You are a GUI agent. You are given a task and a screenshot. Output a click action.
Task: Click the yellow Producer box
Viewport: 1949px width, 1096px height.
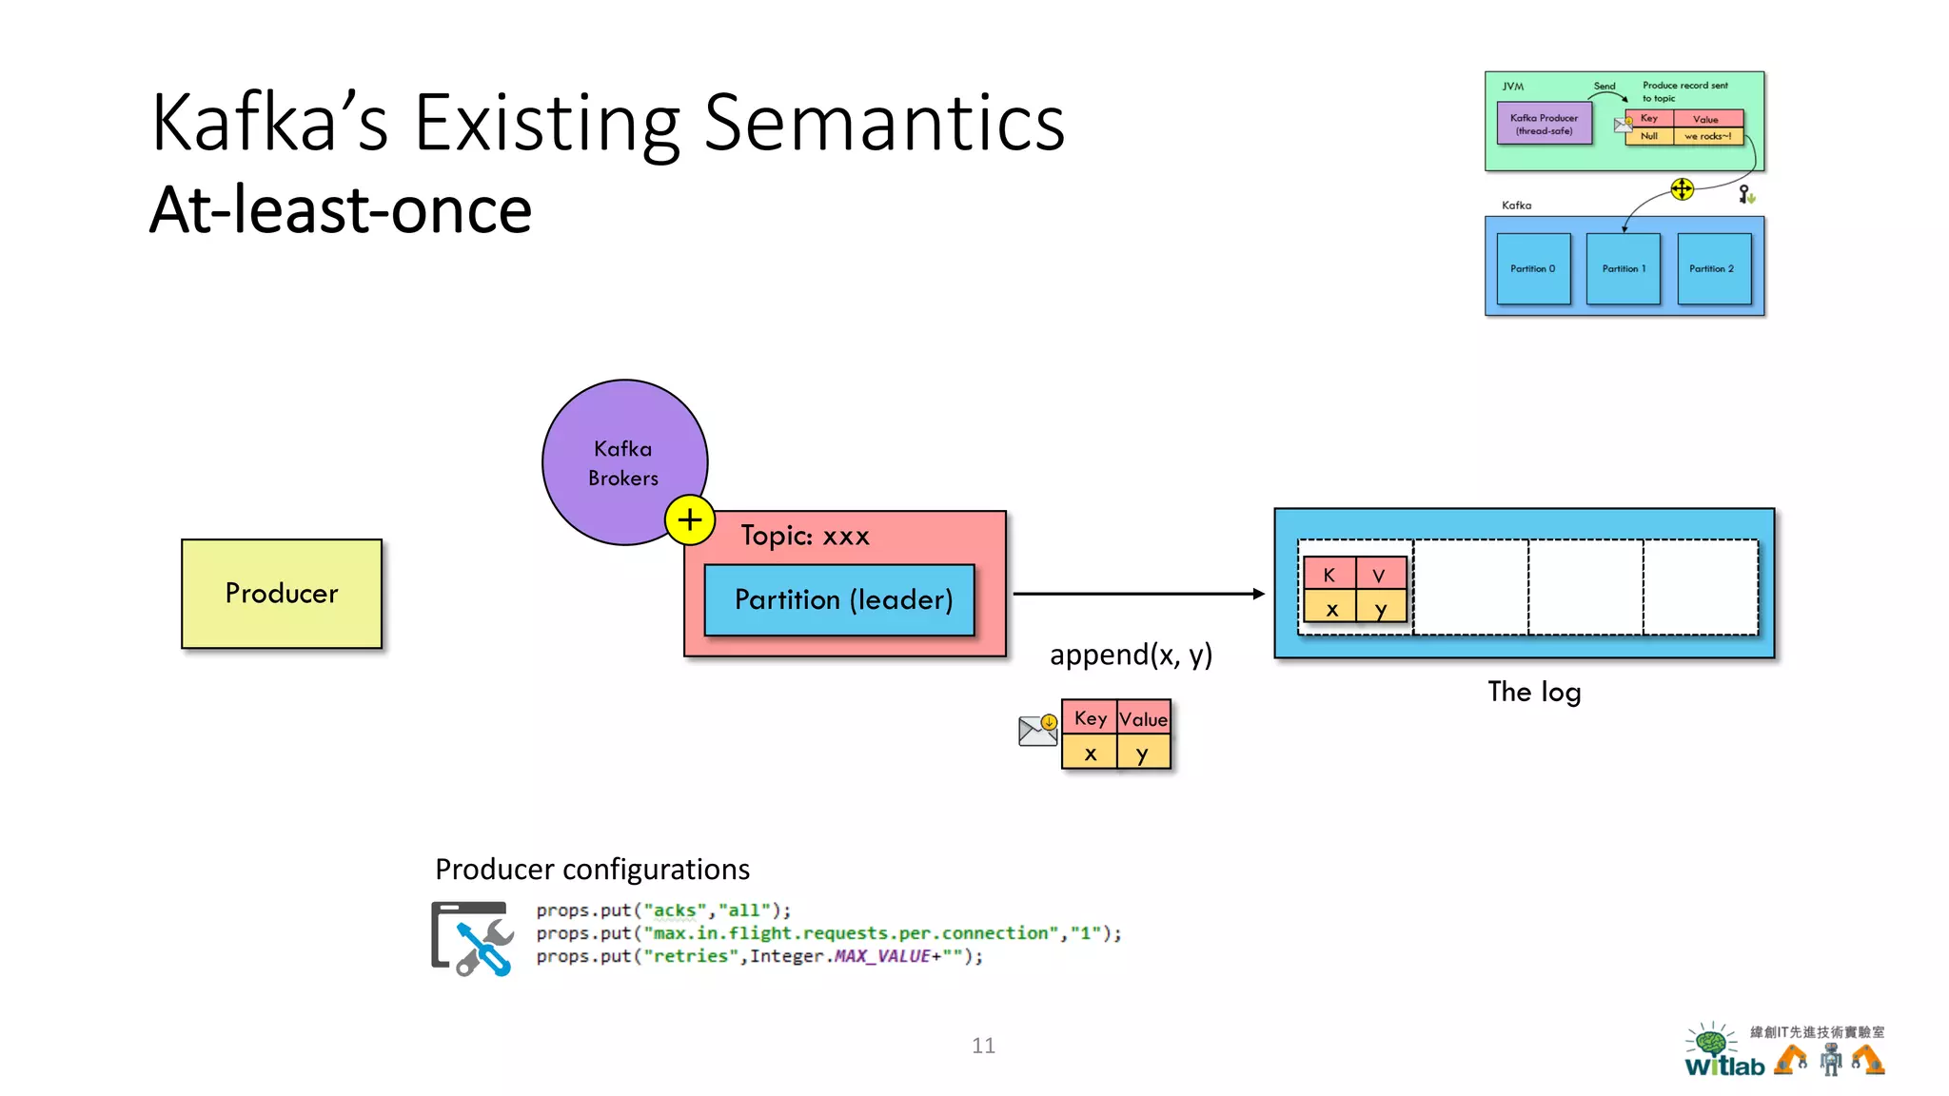tap(282, 594)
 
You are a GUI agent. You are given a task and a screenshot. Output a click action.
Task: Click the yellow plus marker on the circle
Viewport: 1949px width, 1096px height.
tap(690, 520)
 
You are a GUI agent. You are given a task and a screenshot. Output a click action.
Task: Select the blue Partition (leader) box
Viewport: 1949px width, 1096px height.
tap(840, 599)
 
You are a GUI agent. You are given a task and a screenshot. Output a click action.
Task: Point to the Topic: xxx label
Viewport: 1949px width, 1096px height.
tap(805, 536)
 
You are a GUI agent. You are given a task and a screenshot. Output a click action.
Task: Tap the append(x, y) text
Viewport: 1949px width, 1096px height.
tap(1131, 655)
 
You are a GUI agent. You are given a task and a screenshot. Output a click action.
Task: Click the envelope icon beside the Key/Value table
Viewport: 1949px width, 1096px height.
tap(1037, 730)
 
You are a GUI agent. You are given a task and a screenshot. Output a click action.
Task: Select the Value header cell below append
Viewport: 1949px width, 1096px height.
tap(1143, 719)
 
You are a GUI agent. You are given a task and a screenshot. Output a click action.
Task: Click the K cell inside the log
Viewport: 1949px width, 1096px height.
tap(1329, 575)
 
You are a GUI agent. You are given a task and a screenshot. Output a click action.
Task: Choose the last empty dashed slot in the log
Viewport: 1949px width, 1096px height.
tap(1700, 587)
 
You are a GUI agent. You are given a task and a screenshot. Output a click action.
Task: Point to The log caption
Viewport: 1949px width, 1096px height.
tap(1534, 692)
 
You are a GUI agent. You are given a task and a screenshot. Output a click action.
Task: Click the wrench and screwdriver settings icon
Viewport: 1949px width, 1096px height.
tap(474, 938)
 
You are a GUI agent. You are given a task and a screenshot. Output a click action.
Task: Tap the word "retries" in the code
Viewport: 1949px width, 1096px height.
tap(685, 956)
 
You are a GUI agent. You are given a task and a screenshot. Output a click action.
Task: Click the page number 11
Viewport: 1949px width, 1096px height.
tap(983, 1046)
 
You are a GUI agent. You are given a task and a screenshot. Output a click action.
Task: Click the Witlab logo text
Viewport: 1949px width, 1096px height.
tap(1724, 1066)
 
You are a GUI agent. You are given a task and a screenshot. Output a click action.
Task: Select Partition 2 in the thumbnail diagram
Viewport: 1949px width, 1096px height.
tap(1713, 269)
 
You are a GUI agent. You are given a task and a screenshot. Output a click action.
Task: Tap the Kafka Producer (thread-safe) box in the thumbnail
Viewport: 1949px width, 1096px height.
tap(1544, 125)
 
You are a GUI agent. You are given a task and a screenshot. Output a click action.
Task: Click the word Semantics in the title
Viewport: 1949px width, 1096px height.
tap(884, 124)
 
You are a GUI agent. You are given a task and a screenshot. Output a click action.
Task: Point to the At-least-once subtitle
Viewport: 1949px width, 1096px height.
tap(341, 210)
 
